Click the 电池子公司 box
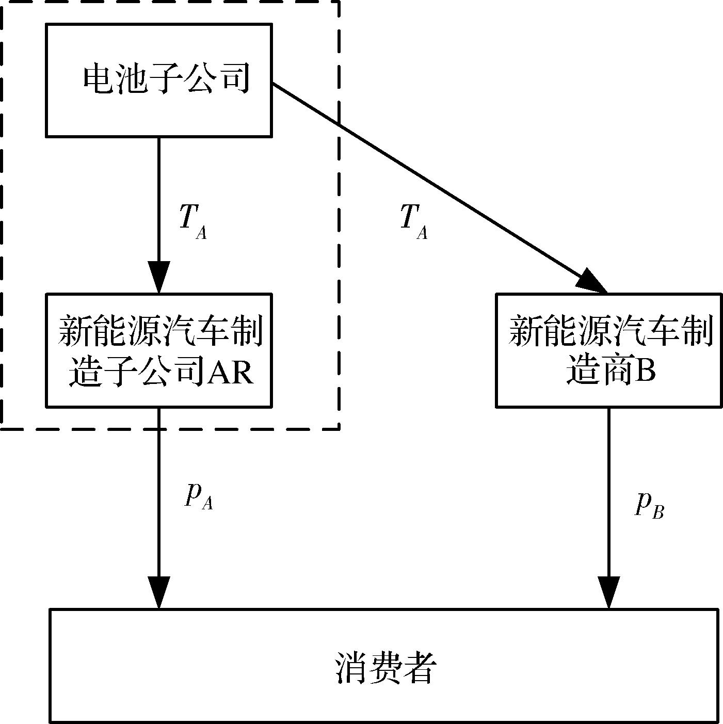coord(159,80)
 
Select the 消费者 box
coord(384,666)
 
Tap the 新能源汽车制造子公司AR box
coord(159,350)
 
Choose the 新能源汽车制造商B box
coord(609,350)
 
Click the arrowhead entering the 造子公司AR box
coord(159,279)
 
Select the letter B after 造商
coord(645,370)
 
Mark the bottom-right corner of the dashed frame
coord(339,428)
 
